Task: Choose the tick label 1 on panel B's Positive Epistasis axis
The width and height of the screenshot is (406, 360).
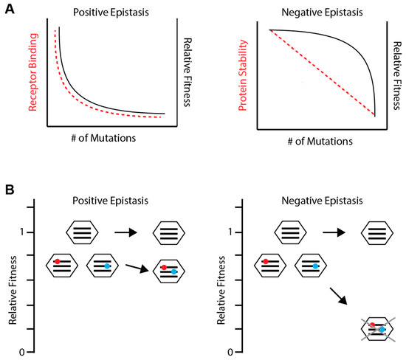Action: (x=24, y=232)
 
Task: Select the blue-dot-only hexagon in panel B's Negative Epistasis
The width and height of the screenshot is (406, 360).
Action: (x=311, y=264)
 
